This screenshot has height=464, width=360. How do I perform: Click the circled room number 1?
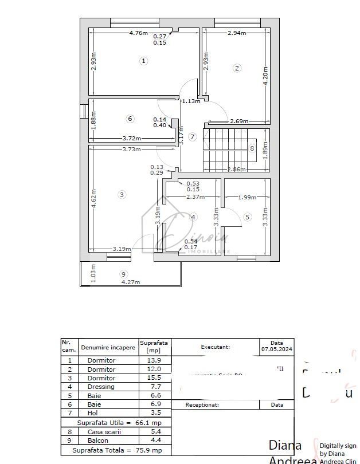144,60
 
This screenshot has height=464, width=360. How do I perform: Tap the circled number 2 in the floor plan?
237,68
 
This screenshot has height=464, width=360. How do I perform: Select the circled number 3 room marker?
122,195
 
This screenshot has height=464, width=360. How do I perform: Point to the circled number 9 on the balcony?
123,274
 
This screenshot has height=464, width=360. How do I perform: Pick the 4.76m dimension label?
139,33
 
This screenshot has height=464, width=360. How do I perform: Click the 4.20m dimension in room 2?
265,74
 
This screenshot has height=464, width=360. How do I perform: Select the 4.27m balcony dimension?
130,282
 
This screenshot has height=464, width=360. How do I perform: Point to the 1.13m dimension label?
191,101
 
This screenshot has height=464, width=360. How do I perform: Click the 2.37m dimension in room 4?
195,197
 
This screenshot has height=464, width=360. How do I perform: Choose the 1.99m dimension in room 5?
247,198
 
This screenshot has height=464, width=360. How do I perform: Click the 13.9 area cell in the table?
155,360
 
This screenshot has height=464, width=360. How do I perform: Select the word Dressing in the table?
101,387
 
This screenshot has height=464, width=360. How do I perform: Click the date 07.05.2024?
277,347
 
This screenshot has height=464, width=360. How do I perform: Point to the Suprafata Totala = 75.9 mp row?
116,451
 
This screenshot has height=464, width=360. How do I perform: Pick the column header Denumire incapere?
108,347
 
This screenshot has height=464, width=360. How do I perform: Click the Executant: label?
216,347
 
